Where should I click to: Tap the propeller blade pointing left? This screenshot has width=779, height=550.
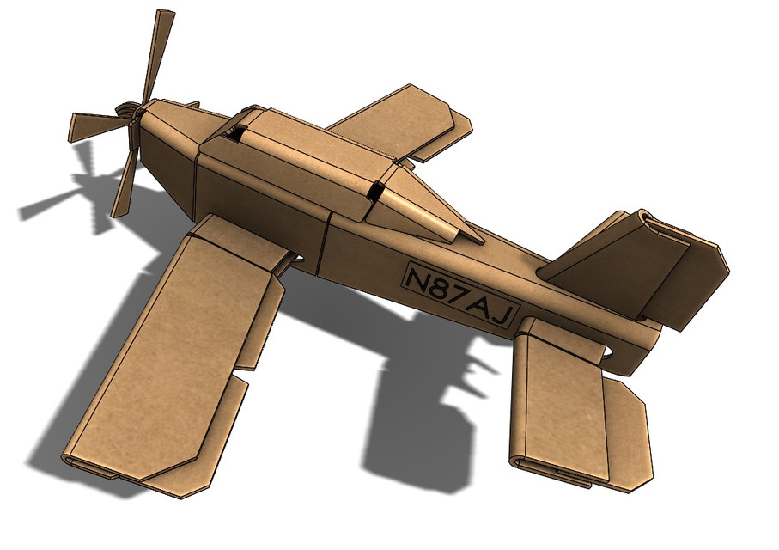[94, 125]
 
